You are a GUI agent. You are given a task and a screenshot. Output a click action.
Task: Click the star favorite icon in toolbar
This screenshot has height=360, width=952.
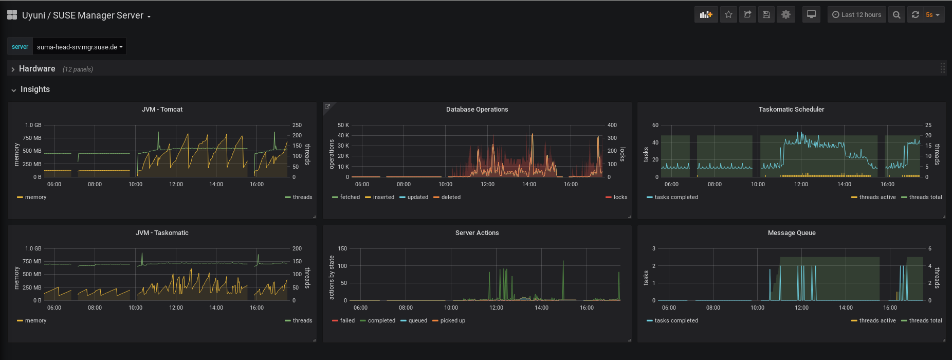point(728,15)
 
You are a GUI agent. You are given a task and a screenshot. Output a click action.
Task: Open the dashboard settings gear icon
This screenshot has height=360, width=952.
point(786,15)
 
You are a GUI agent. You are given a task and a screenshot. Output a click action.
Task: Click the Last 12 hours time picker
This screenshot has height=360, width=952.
point(857,15)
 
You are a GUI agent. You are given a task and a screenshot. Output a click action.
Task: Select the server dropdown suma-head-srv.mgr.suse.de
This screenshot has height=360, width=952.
point(80,47)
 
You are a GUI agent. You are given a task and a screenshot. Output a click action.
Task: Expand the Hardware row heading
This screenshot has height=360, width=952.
point(37,69)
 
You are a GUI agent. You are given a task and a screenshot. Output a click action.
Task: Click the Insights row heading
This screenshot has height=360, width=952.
point(35,89)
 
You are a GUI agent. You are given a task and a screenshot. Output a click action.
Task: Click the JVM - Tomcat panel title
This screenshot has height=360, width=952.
point(162,110)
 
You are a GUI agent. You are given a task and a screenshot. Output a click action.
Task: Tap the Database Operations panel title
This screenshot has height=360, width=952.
point(477,110)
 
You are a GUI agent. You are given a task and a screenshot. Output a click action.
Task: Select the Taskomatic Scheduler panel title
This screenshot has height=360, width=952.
point(791,110)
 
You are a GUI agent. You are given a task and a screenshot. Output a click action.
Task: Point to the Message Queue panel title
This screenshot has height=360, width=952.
point(792,233)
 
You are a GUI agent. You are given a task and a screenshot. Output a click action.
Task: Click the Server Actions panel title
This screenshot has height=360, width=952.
point(477,233)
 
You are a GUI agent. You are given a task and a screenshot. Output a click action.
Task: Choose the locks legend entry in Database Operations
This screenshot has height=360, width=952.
point(620,197)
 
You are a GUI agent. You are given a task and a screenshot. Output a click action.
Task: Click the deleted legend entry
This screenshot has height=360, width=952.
point(451,197)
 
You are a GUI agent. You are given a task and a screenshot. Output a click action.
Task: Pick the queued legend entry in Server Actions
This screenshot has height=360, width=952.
point(417,321)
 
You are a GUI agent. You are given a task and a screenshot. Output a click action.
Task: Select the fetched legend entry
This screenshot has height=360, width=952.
point(350,197)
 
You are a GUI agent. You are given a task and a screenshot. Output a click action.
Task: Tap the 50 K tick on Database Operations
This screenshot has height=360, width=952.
point(343,125)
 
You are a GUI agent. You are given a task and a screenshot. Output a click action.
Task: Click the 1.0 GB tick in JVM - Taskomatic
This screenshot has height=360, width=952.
point(33,249)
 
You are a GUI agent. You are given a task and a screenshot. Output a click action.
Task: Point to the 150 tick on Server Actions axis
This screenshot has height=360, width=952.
point(342,249)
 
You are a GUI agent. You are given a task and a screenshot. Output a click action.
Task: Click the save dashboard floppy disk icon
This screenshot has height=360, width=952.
point(766,15)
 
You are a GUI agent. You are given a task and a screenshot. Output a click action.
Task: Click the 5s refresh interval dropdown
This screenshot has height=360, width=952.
point(932,15)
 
